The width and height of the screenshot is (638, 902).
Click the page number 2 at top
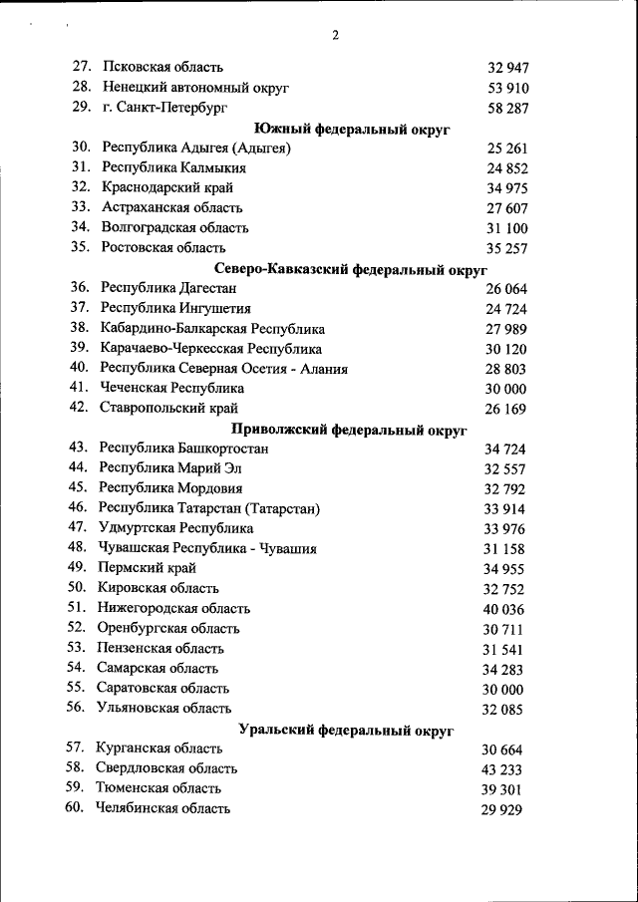click(x=335, y=36)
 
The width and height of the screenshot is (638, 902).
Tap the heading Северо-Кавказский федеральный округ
click(x=351, y=269)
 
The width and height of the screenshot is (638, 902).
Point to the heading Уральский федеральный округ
click(x=346, y=730)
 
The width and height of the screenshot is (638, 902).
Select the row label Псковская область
click(x=163, y=67)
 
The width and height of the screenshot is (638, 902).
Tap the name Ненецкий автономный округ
click(x=195, y=87)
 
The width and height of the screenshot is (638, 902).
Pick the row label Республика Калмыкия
click(x=173, y=167)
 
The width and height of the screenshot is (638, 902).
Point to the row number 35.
click(x=81, y=247)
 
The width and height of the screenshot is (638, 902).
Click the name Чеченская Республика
click(x=172, y=388)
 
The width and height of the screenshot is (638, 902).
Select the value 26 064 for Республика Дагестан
click(x=505, y=289)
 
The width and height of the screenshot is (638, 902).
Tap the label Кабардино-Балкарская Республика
click(x=212, y=328)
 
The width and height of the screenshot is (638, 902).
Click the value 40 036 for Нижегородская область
click(x=503, y=610)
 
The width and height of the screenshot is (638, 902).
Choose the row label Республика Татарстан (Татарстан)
click(x=209, y=508)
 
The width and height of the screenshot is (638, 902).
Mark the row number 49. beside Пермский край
click(x=78, y=568)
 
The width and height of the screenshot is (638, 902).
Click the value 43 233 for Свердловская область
click(x=501, y=770)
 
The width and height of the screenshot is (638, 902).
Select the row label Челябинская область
click(x=162, y=808)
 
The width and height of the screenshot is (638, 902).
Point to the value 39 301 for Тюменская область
click(x=501, y=790)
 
